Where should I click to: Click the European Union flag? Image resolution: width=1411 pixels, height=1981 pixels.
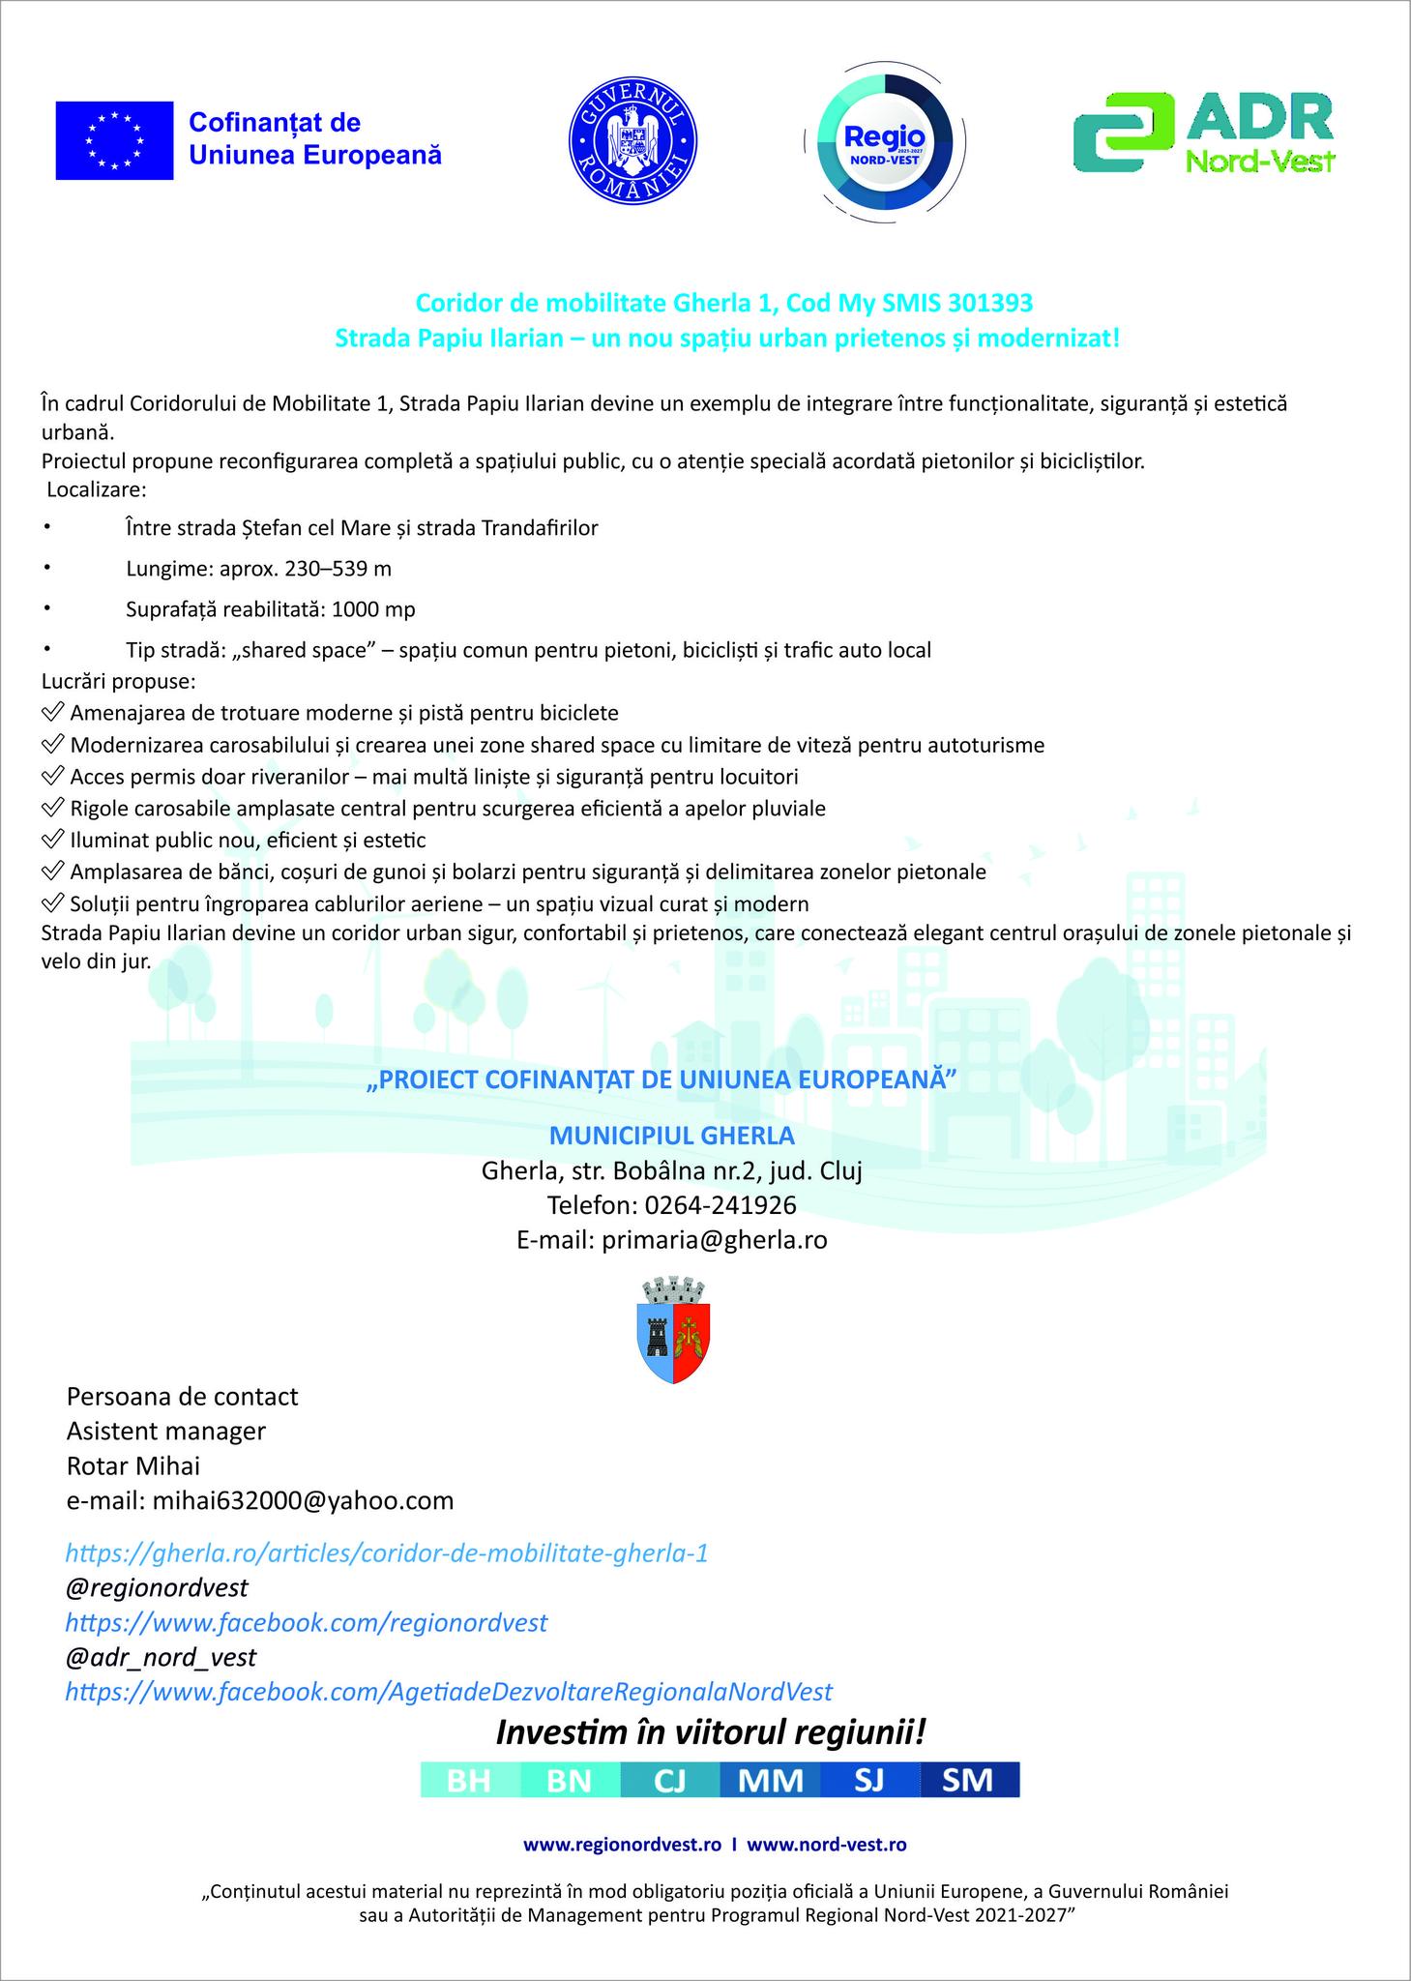[114, 140]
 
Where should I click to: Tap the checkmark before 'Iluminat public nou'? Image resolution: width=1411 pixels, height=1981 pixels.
[53, 840]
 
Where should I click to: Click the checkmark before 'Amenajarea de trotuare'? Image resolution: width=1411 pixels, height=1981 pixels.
[53, 713]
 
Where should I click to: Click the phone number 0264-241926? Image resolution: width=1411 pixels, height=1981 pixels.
[720, 1205]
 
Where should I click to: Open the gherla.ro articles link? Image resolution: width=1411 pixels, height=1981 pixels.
[387, 1553]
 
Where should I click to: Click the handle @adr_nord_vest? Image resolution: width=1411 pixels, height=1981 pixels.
[161, 1657]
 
